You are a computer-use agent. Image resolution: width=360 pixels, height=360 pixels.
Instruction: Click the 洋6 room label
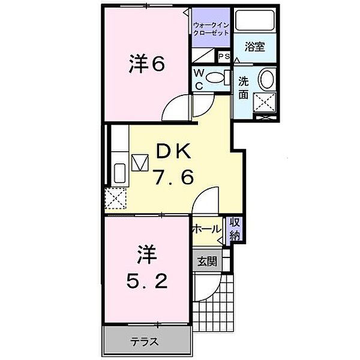coord(146,64)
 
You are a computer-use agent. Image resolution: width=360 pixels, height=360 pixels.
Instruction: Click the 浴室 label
coord(256,46)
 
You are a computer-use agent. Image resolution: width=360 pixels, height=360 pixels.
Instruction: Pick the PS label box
coord(224,57)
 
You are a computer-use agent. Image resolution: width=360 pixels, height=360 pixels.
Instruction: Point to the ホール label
coord(206,229)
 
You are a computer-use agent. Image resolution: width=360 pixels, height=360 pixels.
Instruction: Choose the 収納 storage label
coord(234,229)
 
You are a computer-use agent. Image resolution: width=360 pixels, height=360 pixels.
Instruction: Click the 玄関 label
coord(207,261)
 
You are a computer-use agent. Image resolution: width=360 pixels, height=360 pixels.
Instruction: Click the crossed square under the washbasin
coord(264,102)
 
